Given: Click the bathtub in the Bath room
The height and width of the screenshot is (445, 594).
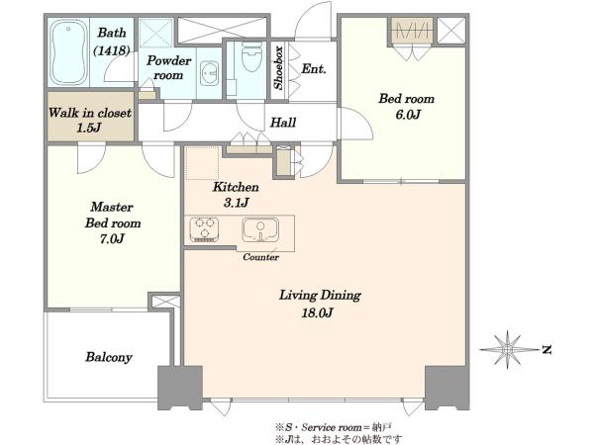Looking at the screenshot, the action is click(x=68, y=52).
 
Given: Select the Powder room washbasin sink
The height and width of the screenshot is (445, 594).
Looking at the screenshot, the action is click(x=209, y=73).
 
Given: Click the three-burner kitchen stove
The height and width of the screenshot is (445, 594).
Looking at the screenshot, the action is click(x=205, y=229).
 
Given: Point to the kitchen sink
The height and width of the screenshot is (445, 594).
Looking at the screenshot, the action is click(x=260, y=229).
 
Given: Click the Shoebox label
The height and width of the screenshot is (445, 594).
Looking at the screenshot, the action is click(x=278, y=68).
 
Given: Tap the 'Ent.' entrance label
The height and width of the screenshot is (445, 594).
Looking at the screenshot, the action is click(x=314, y=69).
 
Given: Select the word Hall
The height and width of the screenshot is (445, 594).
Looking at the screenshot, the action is click(x=283, y=123).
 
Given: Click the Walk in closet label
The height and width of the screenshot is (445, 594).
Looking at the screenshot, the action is click(x=90, y=113).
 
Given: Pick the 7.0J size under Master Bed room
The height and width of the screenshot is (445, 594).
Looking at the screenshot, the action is click(x=112, y=238).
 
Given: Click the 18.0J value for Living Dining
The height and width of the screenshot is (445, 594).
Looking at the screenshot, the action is click(x=318, y=312).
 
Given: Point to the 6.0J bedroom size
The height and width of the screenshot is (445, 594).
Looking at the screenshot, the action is click(x=408, y=115).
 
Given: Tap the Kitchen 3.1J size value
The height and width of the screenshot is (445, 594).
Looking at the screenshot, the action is click(x=236, y=203).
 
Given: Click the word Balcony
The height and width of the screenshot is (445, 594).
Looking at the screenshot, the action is click(x=109, y=357).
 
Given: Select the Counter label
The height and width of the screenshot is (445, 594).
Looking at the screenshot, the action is click(x=260, y=257).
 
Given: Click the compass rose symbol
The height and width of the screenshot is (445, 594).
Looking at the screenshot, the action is click(x=508, y=348).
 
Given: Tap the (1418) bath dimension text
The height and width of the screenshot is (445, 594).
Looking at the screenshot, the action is click(x=112, y=50).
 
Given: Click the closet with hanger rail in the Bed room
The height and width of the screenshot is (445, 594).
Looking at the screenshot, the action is click(x=412, y=31).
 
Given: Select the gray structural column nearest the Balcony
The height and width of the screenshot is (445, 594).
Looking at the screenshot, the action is click(x=180, y=388).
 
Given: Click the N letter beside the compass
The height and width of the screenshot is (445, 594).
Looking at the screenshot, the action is click(x=545, y=350).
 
